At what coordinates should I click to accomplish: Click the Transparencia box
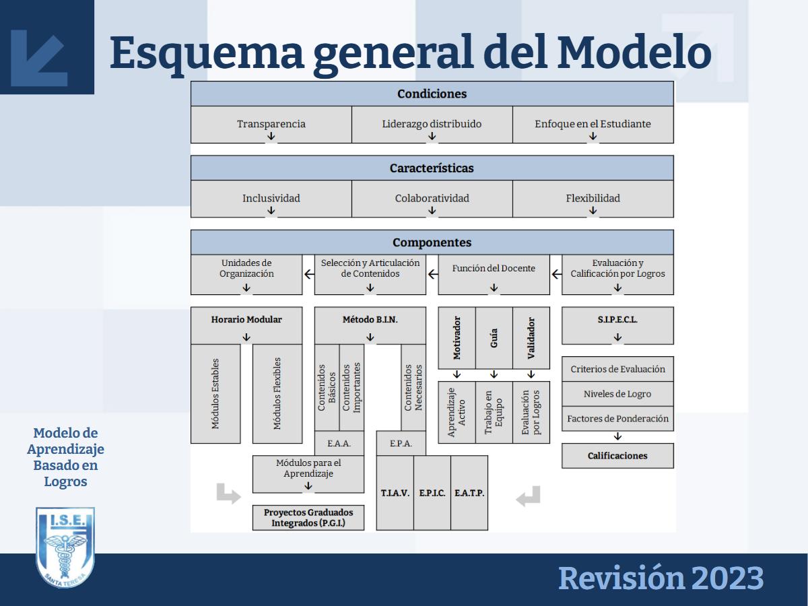coord(271,125)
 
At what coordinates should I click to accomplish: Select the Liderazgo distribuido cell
coord(432,125)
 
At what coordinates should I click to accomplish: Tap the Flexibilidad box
coord(593,199)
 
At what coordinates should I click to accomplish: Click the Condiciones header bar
coord(432,94)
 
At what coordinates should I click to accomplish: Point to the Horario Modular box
coord(246,320)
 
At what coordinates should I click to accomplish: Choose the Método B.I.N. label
coord(370,320)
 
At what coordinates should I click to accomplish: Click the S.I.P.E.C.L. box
coord(617,320)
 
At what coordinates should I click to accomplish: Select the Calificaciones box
coord(617,456)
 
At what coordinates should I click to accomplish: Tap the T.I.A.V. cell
coord(395,493)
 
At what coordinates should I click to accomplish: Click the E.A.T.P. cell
coord(469,493)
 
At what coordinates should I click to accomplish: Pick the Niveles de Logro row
coord(617,394)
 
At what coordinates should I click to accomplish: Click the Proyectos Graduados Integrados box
coord(308,517)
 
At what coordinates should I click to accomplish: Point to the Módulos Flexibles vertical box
coord(277,393)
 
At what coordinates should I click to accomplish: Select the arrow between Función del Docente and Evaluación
coord(556,274)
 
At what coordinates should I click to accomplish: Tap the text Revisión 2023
coord(661,579)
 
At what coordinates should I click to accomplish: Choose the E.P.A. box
coord(401,443)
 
